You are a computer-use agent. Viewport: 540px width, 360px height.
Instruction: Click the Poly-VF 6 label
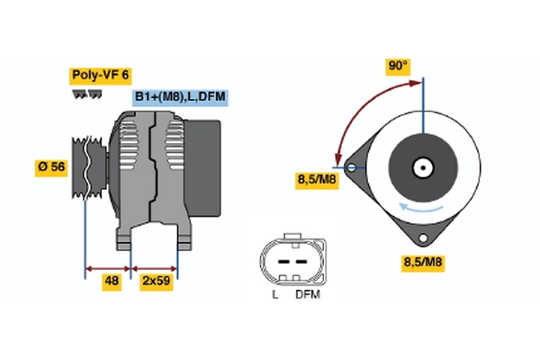click(100, 76)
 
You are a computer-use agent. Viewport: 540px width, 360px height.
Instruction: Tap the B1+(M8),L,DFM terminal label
click(180, 97)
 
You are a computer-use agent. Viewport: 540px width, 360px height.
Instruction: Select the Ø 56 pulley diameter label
click(51, 167)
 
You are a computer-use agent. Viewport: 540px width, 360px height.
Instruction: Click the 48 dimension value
click(112, 282)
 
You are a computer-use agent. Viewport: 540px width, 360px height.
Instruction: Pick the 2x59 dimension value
click(157, 282)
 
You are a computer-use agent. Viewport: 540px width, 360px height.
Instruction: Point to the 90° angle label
click(398, 66)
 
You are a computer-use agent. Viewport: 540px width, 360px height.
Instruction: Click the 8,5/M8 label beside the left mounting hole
click(317, 180)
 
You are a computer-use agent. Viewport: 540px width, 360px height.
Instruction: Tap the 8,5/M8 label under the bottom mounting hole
click(423, 263)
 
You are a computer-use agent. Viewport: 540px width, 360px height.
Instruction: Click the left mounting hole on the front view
click(351, 167)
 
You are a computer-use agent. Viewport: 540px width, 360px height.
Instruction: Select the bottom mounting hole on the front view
click(423, 238)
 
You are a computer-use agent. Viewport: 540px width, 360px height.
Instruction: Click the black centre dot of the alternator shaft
click(423, 168)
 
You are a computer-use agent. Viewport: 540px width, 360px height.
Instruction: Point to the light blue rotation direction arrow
click(420, 208)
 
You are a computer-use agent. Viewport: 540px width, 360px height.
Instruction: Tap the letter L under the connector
click(275, 295)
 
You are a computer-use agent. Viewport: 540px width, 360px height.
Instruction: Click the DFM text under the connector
click(308, 295)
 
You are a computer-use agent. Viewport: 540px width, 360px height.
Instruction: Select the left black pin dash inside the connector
click(283, 262)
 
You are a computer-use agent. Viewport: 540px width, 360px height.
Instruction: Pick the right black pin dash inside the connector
click(301, 262)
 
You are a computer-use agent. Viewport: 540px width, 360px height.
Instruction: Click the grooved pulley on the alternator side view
click(89, 167)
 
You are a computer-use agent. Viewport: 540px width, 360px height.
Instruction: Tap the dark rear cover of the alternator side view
click(202, 168)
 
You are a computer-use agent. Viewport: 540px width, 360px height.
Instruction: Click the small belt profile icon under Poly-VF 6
click(86, 94)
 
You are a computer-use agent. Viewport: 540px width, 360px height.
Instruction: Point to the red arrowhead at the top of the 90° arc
click(415, 83)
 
